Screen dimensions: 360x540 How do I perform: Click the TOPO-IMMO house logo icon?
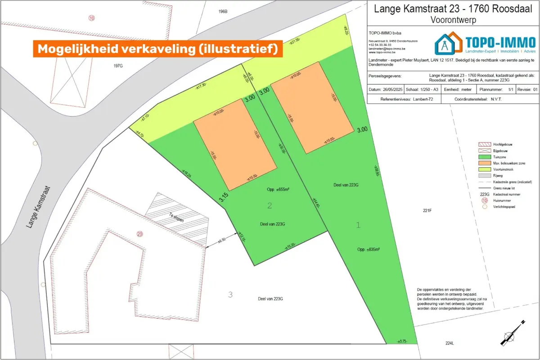[x=448, y=44]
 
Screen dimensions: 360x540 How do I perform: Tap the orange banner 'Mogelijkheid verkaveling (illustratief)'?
[x=157, y=49]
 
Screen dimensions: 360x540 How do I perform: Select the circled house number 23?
[x=139, y=234]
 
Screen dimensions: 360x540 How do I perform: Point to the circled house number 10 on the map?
[x=92, y=18]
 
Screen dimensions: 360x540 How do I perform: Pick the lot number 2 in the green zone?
[x=270, y=206]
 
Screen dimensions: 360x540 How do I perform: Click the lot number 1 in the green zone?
[x=358, y=225]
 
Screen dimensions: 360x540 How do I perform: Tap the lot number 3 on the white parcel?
[x=230, y=295]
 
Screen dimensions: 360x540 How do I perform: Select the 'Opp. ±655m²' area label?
[x=277, y=190]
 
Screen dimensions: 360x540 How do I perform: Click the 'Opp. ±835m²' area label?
[x=369, y=249]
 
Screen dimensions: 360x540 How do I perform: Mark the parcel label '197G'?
[x=118, y=66]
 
